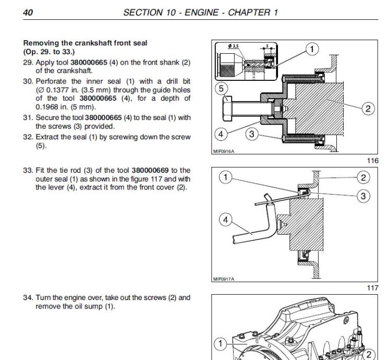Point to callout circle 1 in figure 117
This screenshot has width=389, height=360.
[x=225, y=177]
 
